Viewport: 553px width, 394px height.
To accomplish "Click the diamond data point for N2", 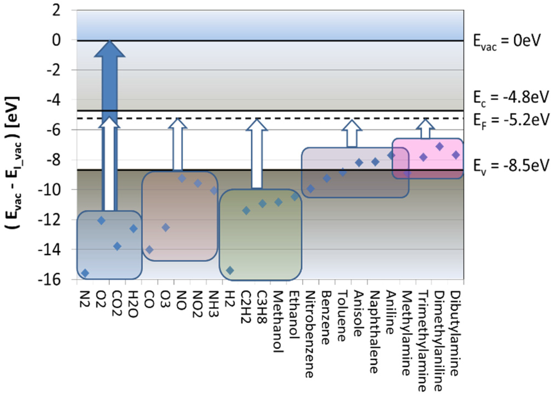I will [x=85, y=273].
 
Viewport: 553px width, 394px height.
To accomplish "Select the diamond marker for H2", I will [x=230, y=270].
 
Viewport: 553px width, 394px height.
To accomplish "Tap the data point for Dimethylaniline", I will [x=440, y=147].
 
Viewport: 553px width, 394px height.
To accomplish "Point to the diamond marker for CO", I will [x=149, y=250].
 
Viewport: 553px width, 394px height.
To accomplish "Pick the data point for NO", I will [x=182, y=179].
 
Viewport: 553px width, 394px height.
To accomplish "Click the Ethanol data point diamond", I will [x=295, y=197].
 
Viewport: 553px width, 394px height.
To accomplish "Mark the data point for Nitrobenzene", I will [x=311, y=188].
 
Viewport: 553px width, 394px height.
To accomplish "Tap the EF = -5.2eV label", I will [x=511, y=120].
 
